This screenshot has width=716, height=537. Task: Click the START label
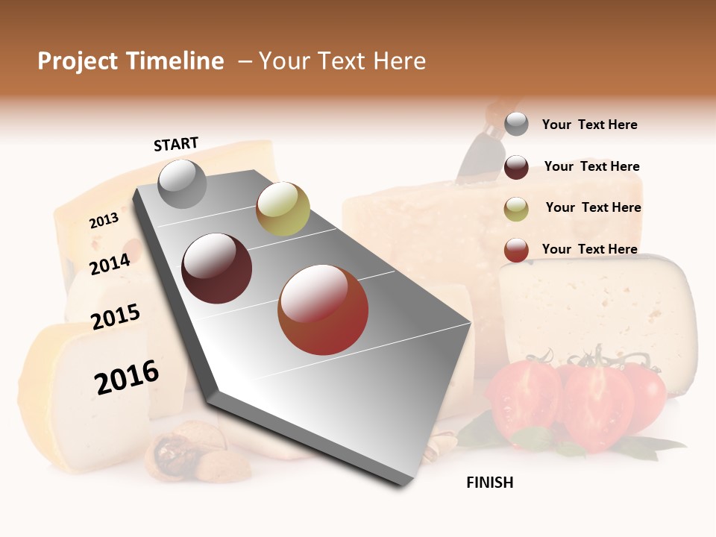176,144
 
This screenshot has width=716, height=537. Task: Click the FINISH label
489,483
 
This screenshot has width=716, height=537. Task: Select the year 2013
104,221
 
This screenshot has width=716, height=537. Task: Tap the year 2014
110,264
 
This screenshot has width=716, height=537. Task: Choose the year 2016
127,377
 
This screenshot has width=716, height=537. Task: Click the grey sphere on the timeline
182,183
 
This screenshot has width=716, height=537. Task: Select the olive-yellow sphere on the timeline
283,209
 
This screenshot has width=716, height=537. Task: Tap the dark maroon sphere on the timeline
216,268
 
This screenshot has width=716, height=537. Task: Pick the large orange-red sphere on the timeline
322,310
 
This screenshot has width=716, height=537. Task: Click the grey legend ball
516,124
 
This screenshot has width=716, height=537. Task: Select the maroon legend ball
516,167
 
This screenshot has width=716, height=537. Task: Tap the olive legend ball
516,209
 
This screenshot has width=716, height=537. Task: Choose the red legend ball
516,250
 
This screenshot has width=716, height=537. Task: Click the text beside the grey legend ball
589,125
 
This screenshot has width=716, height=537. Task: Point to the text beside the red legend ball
589,249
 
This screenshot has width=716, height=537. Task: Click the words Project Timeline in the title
131,61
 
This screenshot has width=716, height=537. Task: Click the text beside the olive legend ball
593,207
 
